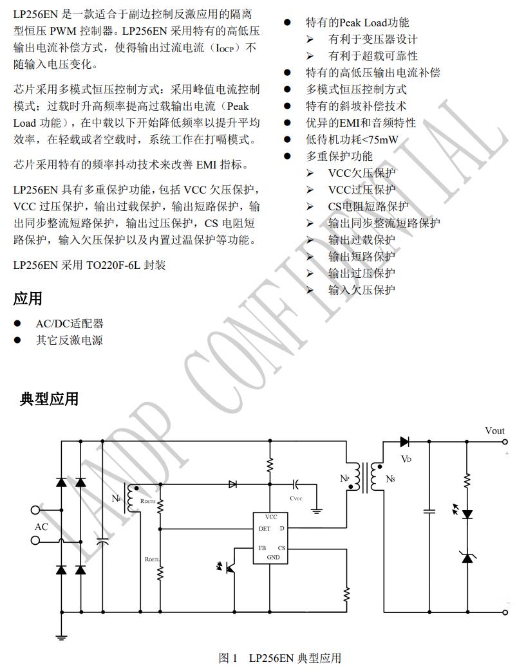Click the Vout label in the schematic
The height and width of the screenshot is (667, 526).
(494, 431)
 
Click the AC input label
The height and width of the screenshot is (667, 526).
(41, 527)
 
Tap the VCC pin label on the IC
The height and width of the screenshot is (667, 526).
(271, 516)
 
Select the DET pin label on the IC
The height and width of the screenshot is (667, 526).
(264, 529)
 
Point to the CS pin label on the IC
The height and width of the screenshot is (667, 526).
(281, 548)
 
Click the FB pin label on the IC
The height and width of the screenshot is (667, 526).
(262, 548)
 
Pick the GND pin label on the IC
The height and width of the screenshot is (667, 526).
(273, 557)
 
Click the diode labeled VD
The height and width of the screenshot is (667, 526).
(405, 442)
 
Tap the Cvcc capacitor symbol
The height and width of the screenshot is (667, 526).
(296, 483)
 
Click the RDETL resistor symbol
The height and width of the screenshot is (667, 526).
(160, 571)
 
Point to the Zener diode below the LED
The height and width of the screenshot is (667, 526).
(467, 556)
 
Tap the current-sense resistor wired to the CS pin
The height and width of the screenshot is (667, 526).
(347, 594)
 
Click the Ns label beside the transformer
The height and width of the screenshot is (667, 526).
(390, 479)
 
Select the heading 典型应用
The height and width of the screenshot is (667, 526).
(49, 399)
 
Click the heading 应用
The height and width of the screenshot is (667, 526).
(28, 299)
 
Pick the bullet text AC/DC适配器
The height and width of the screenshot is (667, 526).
(69, 324)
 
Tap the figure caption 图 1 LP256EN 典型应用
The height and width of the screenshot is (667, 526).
(279, 657)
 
